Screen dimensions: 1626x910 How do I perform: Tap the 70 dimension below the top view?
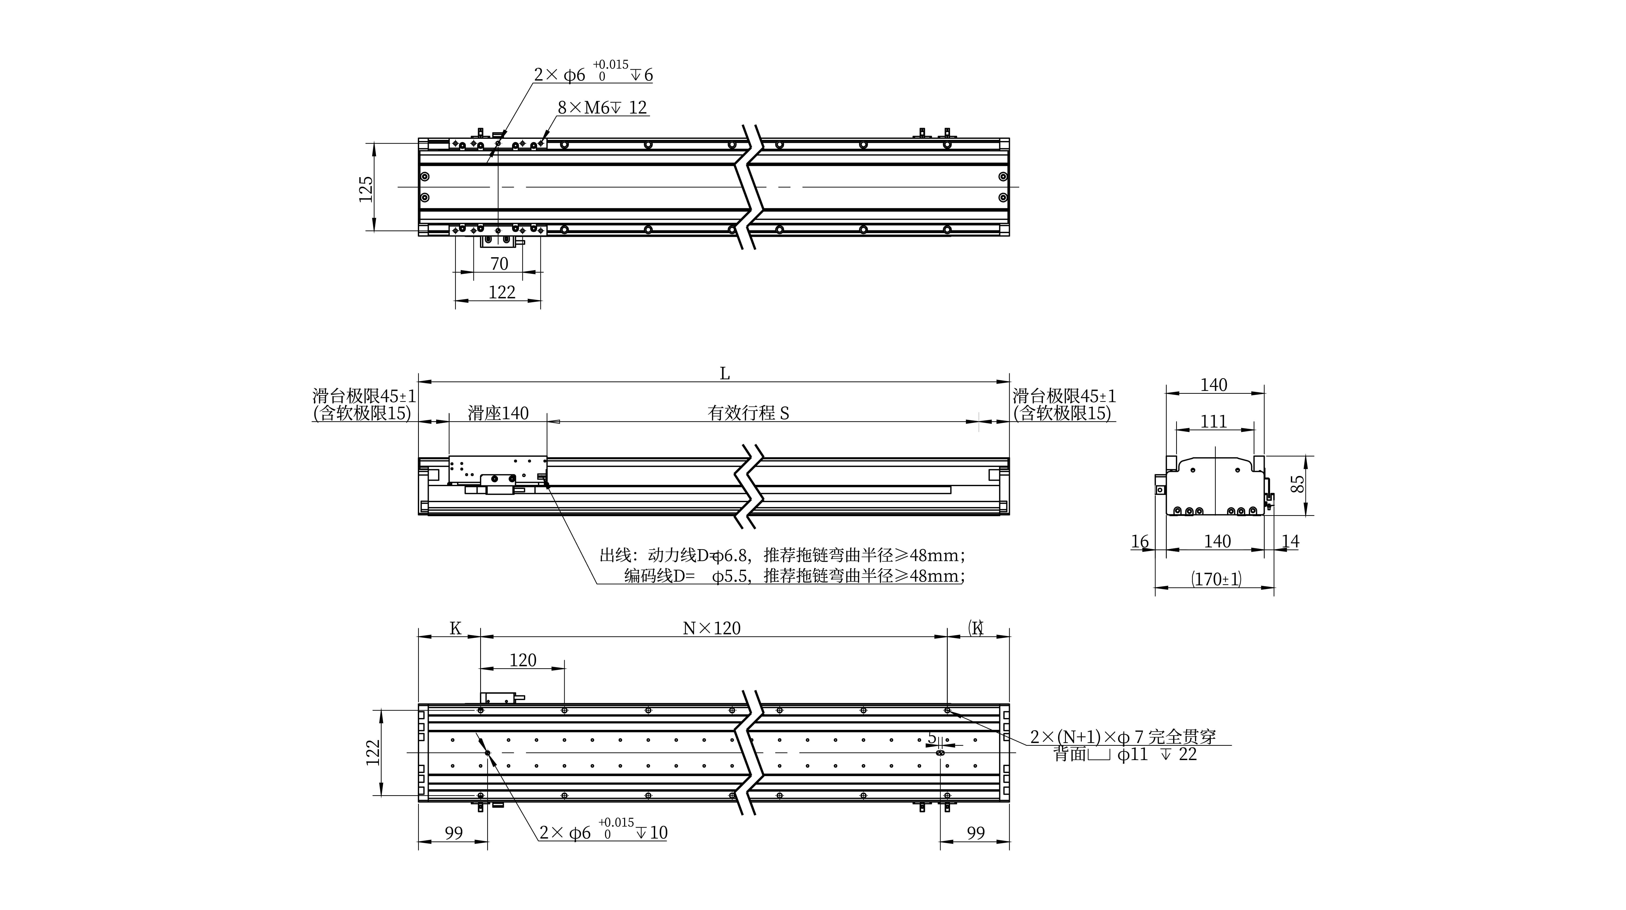[499, 263]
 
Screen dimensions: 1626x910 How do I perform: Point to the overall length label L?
[725, 374]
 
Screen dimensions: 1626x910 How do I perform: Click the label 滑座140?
[498, 413]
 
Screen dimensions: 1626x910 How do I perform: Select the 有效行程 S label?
[749, 413]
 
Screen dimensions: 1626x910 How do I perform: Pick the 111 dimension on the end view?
[1213, 421]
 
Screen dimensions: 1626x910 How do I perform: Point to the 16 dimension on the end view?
[1139, 541]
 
